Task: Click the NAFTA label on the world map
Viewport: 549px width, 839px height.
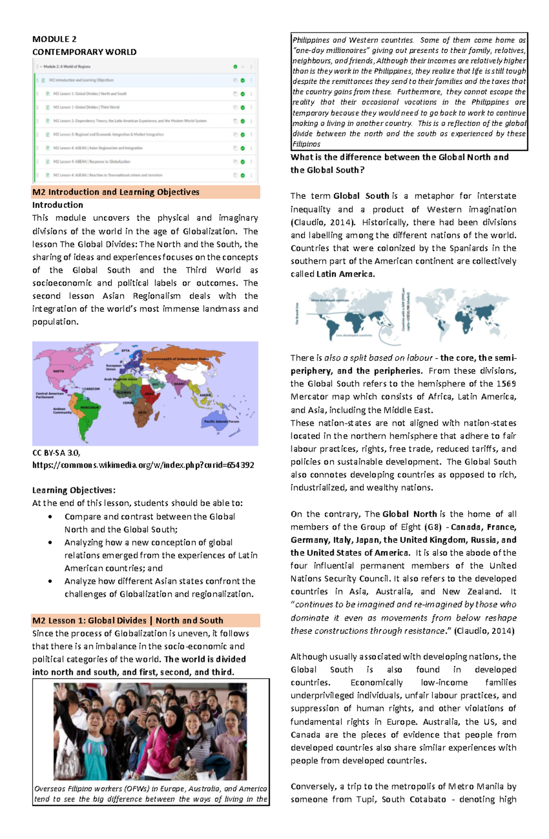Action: pos(59,371)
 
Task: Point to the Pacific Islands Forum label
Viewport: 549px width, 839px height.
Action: pos(221,421)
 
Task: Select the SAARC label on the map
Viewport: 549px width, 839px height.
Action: pos(179,384)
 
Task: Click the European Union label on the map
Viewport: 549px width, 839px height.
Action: pos(113,367)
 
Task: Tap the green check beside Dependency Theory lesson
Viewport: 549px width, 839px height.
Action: pos(242,121)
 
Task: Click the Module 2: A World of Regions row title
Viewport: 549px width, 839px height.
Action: pos(67,67)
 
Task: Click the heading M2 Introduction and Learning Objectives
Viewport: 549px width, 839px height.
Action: pos(116,192)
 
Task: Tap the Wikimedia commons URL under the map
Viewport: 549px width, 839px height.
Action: pos(143,465)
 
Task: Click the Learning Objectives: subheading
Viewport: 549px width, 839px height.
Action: pos(74,490)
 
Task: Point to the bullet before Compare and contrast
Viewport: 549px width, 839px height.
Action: pos(50,517)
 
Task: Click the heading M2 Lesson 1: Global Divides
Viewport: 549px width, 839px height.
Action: pos(128,620)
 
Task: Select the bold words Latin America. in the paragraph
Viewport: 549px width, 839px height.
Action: pos(345,274)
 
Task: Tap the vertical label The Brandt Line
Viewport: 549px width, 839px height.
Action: pos(297,313)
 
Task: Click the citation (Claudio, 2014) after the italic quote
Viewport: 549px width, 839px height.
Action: pos(484,631)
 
